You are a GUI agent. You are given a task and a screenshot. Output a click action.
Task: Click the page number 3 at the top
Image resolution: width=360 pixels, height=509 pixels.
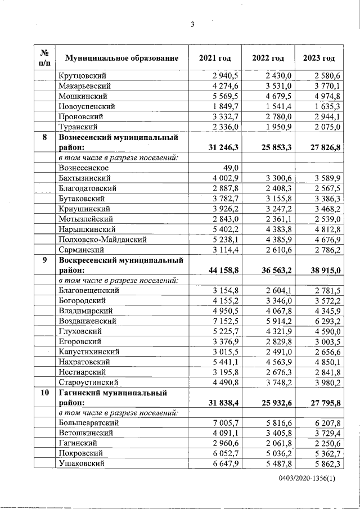coord(192,24)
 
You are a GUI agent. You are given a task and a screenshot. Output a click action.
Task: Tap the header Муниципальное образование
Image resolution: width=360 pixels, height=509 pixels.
coord(122,58)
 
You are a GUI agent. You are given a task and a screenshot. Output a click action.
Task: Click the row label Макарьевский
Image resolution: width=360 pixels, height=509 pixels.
coord(84,85)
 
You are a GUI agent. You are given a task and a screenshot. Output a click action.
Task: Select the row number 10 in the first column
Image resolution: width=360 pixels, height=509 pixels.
coord(44,393)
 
